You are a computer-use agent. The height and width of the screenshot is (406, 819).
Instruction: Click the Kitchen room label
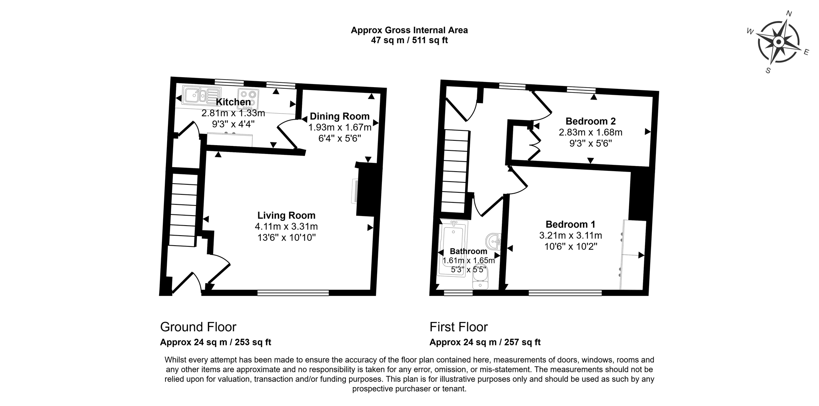233,102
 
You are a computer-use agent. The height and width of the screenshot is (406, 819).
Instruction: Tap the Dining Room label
340,116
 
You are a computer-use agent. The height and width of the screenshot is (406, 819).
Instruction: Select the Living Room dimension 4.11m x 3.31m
286,226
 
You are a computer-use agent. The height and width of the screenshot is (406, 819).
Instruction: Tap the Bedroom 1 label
571,224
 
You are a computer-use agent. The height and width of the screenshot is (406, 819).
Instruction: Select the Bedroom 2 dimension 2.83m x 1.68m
590,132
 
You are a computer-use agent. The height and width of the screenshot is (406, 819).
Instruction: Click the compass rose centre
778,42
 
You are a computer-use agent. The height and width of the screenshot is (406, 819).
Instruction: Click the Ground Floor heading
198,327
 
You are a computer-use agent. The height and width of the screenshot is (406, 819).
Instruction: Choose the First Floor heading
459,327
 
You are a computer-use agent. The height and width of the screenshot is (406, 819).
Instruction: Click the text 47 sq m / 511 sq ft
409,40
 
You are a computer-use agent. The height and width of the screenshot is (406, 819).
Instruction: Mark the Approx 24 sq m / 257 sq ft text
485,342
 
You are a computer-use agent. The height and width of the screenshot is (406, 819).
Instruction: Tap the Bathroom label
468,251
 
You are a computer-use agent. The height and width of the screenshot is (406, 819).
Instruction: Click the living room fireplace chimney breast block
366,190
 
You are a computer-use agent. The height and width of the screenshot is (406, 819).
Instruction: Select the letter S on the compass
768,70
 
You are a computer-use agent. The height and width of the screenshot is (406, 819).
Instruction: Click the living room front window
293,293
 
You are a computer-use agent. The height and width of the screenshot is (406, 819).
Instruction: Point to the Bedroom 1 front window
565,293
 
